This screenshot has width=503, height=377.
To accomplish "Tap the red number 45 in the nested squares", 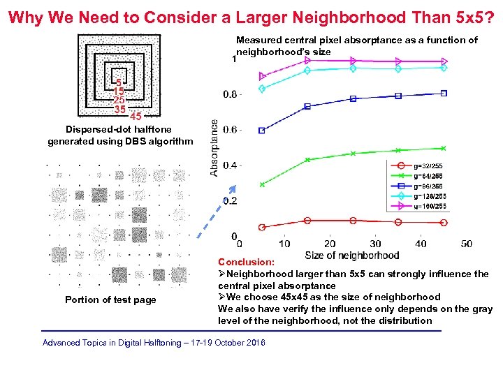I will pos(136,116).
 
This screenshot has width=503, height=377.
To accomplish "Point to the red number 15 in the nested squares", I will pos(119,91).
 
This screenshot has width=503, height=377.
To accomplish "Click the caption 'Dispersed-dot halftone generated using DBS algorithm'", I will pos(119,135).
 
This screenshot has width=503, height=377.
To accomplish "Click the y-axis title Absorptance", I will pos(214,147).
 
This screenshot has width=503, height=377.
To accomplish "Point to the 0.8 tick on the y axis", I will pos(230,94).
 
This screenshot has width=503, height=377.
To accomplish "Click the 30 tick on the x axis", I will pos(375,244).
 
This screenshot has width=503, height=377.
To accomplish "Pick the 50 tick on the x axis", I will pos(466,244).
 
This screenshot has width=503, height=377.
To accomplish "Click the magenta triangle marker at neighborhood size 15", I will pos(307,61).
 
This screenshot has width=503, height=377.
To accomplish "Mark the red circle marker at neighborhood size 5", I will pos(262,227).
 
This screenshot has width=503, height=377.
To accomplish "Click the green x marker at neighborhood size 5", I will pos(262,184).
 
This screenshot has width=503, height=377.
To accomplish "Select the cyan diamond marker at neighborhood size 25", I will pos(353,68).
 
